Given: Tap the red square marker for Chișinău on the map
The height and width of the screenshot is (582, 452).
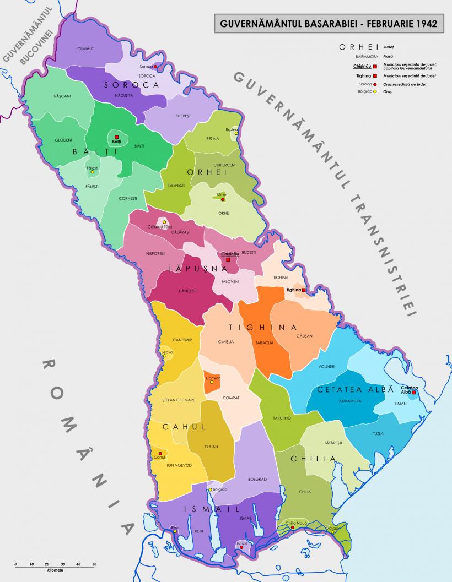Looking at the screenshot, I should pos(228,259).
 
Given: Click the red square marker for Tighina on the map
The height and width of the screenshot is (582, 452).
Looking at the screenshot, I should pos(304,290).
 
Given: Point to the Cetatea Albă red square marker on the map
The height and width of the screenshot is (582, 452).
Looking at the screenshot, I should pos(413,393).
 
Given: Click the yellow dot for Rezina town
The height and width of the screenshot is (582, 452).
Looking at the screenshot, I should pos(236,133).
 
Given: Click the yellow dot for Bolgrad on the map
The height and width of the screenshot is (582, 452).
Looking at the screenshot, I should pos(210,489).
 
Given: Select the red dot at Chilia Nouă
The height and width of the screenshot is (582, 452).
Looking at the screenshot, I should pos(293,527).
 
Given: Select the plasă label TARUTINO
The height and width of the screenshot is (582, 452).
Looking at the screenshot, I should pos(281,418).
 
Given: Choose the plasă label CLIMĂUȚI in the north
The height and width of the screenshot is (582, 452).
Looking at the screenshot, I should pos(87,49).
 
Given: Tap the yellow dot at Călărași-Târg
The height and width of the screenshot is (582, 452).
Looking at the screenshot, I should pos(164,222).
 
